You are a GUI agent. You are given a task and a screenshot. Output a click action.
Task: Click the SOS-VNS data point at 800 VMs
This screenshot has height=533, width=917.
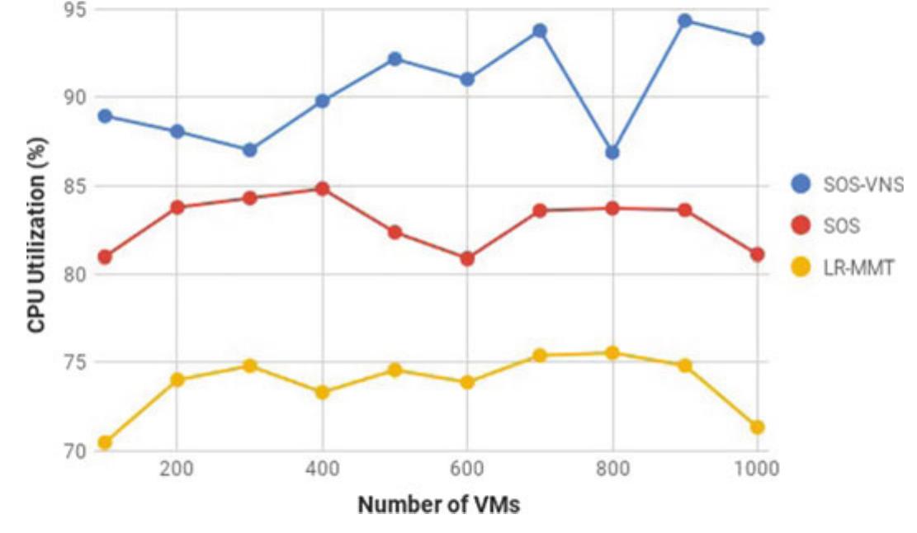tap(612, 153)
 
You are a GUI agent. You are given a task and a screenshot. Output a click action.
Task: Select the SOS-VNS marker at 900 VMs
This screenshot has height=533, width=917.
tap(684, 21)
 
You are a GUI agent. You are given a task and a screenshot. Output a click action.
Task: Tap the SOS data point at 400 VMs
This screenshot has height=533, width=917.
tap(322, 189)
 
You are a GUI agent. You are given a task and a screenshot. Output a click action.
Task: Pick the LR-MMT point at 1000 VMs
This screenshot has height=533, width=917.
tap(757, 427)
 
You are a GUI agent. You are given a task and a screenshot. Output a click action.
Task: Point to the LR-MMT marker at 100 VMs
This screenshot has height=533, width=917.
tap(105, 443)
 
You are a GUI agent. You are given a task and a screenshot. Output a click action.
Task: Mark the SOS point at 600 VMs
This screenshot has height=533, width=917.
tap(467, 258)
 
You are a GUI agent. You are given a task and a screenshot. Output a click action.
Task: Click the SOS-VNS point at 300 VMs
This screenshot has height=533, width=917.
tap(249, 150)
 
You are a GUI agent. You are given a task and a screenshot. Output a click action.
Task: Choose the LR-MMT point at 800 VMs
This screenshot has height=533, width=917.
tap(612, 353)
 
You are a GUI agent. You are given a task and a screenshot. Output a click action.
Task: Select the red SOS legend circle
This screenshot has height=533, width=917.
tap(801, 225)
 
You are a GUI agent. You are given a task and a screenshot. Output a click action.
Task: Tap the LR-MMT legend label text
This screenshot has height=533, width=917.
tap(858, 267)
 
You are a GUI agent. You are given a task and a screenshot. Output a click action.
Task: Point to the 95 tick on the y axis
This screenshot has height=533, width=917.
tap(76, 10)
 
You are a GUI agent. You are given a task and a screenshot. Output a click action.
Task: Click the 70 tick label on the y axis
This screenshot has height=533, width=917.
tap(76, 451)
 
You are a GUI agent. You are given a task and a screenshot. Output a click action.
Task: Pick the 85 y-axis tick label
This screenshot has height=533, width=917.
tap(76, 186)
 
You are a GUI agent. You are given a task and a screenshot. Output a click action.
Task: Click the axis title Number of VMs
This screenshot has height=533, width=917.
tap(438, 505)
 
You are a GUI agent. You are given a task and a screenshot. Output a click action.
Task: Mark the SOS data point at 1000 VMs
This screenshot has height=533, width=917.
tap(757, 254)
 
